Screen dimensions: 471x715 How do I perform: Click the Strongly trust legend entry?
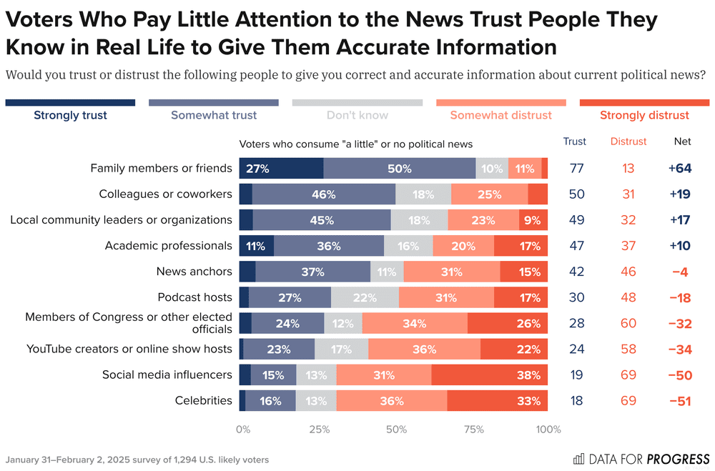coord(70,115)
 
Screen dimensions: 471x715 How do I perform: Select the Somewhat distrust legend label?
coord(500,115)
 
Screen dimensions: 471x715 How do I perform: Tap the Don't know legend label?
coord(357,115)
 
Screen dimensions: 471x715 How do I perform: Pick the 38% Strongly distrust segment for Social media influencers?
coord(489,375)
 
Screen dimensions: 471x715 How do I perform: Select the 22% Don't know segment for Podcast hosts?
coord(365,297)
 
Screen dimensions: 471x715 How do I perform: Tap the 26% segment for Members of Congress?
coord(508,323)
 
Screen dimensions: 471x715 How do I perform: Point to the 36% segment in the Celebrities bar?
coord(392,400)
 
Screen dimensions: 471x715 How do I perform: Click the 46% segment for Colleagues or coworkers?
coord(323,194)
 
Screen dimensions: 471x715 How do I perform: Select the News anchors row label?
coord(194,272)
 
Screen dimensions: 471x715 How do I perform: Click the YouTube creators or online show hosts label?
coord(129,349)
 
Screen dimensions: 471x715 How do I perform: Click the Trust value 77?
coord(577,169)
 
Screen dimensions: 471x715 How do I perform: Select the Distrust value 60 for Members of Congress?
coord(628,323)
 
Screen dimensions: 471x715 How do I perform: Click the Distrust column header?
coord(628,142)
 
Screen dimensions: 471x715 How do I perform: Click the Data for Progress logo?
coord(641,459)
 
